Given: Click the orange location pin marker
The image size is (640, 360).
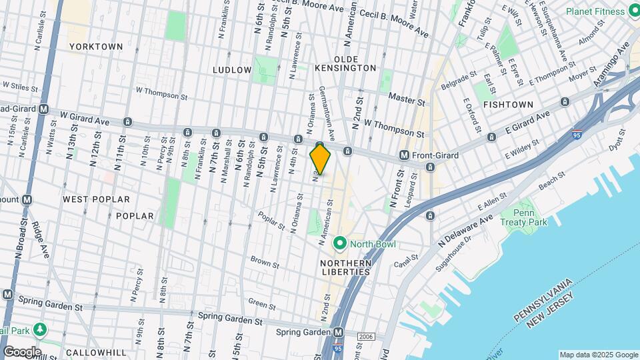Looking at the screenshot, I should [x=320, y=159].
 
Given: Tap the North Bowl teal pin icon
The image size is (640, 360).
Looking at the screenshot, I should [x=339, y=244].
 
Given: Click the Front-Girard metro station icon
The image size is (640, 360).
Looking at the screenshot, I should [x=404, y=155].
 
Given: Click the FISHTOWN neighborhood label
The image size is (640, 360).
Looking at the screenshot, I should [x=508, y=105].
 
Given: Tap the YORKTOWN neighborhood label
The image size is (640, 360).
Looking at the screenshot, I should [x=97, y=47].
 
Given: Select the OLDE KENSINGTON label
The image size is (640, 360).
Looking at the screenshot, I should [x=351, y=63].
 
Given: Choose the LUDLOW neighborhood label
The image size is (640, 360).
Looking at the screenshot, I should [x=232, y=69].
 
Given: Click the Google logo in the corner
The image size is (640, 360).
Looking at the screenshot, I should [x=21, y=351].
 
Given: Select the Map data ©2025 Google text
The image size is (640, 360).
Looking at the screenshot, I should [x=598, y=355].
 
